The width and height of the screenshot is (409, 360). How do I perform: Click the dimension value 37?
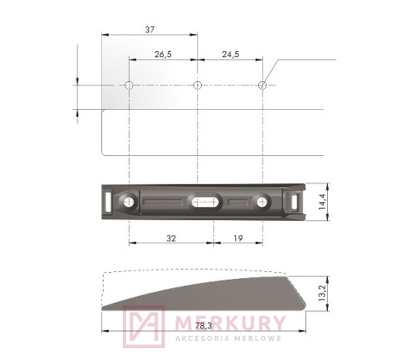150,29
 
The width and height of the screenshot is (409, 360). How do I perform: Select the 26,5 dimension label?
164,54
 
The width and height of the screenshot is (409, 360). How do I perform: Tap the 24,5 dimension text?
229,54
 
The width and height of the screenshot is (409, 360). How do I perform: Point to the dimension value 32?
170,240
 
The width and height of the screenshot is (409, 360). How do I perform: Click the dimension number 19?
233,240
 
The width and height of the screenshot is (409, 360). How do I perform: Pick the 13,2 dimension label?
322,293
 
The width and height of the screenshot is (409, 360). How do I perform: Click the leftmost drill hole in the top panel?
129,85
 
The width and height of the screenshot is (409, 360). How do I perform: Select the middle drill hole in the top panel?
197,85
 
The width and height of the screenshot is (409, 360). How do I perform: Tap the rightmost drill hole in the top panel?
262,85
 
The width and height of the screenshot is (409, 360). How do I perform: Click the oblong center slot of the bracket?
204,202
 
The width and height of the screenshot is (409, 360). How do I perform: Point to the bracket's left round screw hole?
130,202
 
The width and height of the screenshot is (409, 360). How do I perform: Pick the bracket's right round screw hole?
262,202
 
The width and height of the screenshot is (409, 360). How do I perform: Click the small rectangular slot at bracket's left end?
107,201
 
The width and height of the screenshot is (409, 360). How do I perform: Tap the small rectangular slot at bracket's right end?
295,201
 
